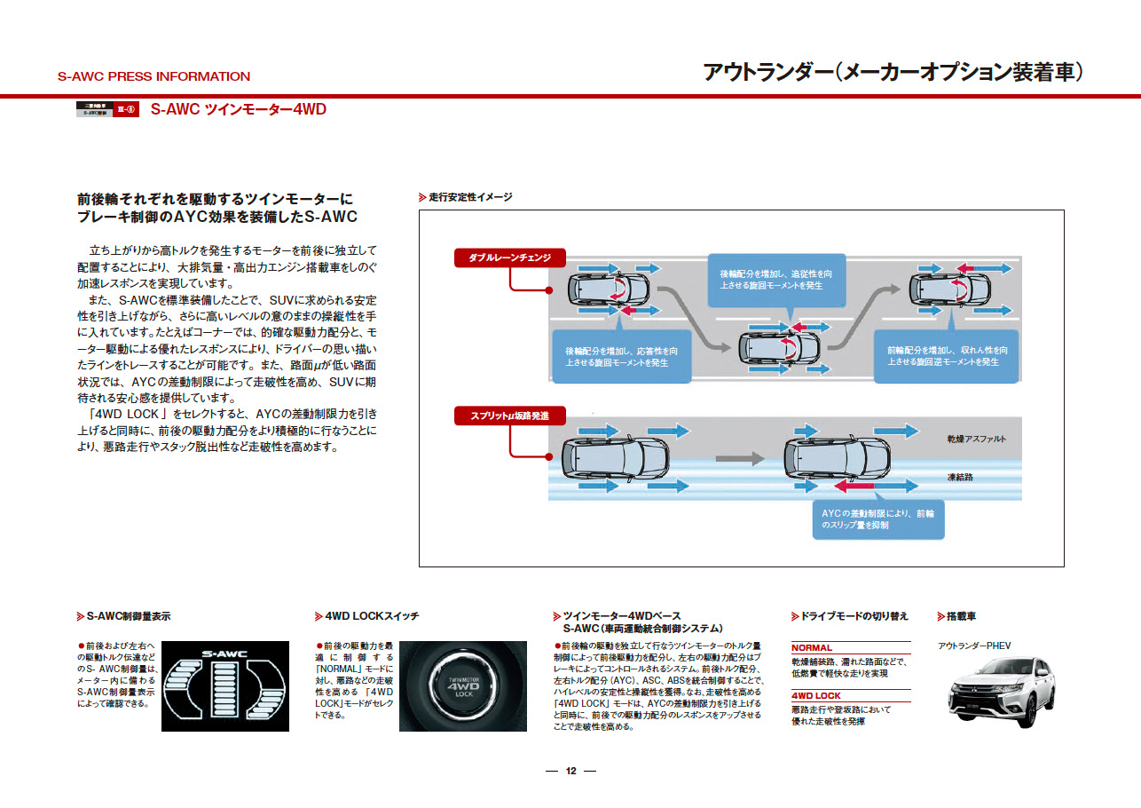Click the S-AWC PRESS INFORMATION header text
point(153,76)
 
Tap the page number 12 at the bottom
point(570,771)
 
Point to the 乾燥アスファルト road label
point(976,440)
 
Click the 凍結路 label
point(961,477)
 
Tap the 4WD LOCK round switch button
point(462,686)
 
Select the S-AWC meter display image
point(224,686)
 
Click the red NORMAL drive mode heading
point(812,648)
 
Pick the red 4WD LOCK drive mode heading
point(815,696)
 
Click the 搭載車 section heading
point(961,616)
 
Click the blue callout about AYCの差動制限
point(877,519)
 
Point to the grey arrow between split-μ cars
point(740,459)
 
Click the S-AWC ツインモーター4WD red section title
point(239,110)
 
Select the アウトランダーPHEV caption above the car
point(974,646)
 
